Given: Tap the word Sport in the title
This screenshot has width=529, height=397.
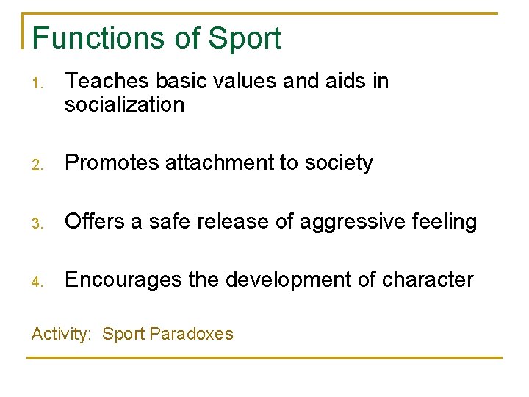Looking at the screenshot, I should [245, 38].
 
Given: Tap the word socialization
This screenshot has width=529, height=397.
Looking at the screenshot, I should [124, 105].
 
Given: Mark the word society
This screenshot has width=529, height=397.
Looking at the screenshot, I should [337, 163].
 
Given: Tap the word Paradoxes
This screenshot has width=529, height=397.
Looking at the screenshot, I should [191, 335].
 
